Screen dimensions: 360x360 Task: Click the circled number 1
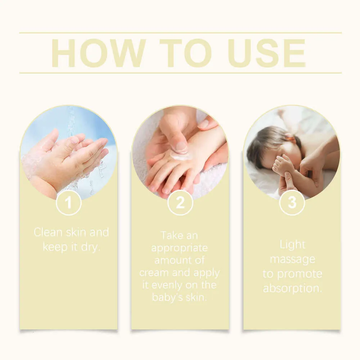(68, 203)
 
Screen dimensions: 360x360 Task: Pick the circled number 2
(180, 203)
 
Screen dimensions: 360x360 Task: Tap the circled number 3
(292, 203)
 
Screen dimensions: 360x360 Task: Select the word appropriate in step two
(179, 248)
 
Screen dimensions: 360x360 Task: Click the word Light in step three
(292, 245)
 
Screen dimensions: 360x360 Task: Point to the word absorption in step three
(292, 289)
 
